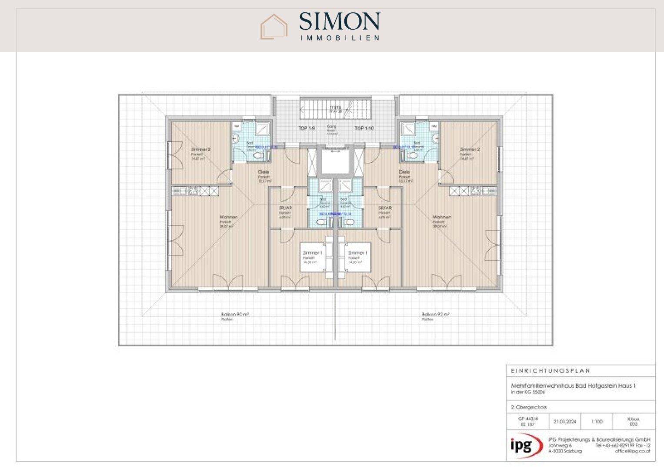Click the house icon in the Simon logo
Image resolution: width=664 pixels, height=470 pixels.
pyautogui.click(x=274, y=27)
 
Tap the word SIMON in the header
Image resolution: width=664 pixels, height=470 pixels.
pyautogui.click(x=339, y=22)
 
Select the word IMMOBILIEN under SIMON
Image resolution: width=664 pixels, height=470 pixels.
pyautogui.click(x=339, y=38)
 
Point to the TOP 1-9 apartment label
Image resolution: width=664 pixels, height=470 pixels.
pyautogui.click(x=306, y=128)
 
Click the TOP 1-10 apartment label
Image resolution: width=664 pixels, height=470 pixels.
pyautogui.click(x=364, y=128)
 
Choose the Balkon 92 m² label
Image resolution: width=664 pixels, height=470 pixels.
pyautogui.click(x=435, y=314)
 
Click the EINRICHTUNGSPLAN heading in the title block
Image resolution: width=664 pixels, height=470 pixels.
pyautogui.click(x=551, y=371)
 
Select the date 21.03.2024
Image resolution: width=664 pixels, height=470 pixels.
pyautogui.click(x=565, y=421)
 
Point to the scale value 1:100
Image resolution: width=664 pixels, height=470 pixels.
pyautogui.click(x=597, y=421)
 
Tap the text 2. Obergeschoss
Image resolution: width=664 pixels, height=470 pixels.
pyautogui.click(x=529, y=407)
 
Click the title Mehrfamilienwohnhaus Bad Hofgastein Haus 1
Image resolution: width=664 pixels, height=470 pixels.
pyautogui.click(x=573, y=386)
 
